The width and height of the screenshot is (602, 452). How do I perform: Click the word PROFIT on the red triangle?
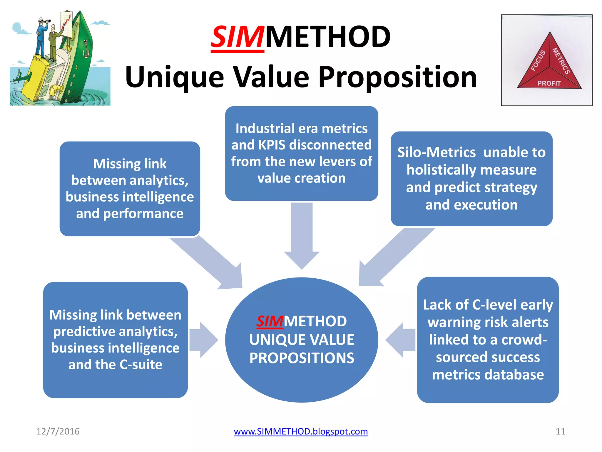tap(549, 83)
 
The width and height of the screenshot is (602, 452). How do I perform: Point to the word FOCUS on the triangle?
tap(538, 61)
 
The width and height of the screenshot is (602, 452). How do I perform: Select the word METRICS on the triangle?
tap(561, 61)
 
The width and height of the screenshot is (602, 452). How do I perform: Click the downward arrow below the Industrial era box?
tap(302, 235)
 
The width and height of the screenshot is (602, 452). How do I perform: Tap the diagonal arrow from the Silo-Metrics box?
tap(394, 259)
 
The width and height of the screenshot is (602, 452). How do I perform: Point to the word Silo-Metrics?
tap(436, 152)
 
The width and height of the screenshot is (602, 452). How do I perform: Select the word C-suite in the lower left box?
tap(141, 365)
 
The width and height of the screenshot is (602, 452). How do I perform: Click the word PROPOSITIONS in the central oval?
tap(302, 358)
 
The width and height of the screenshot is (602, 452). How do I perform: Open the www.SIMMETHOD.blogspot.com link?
tap(301, 431)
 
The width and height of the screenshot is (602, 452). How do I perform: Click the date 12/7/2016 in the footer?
tap(58, 431)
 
